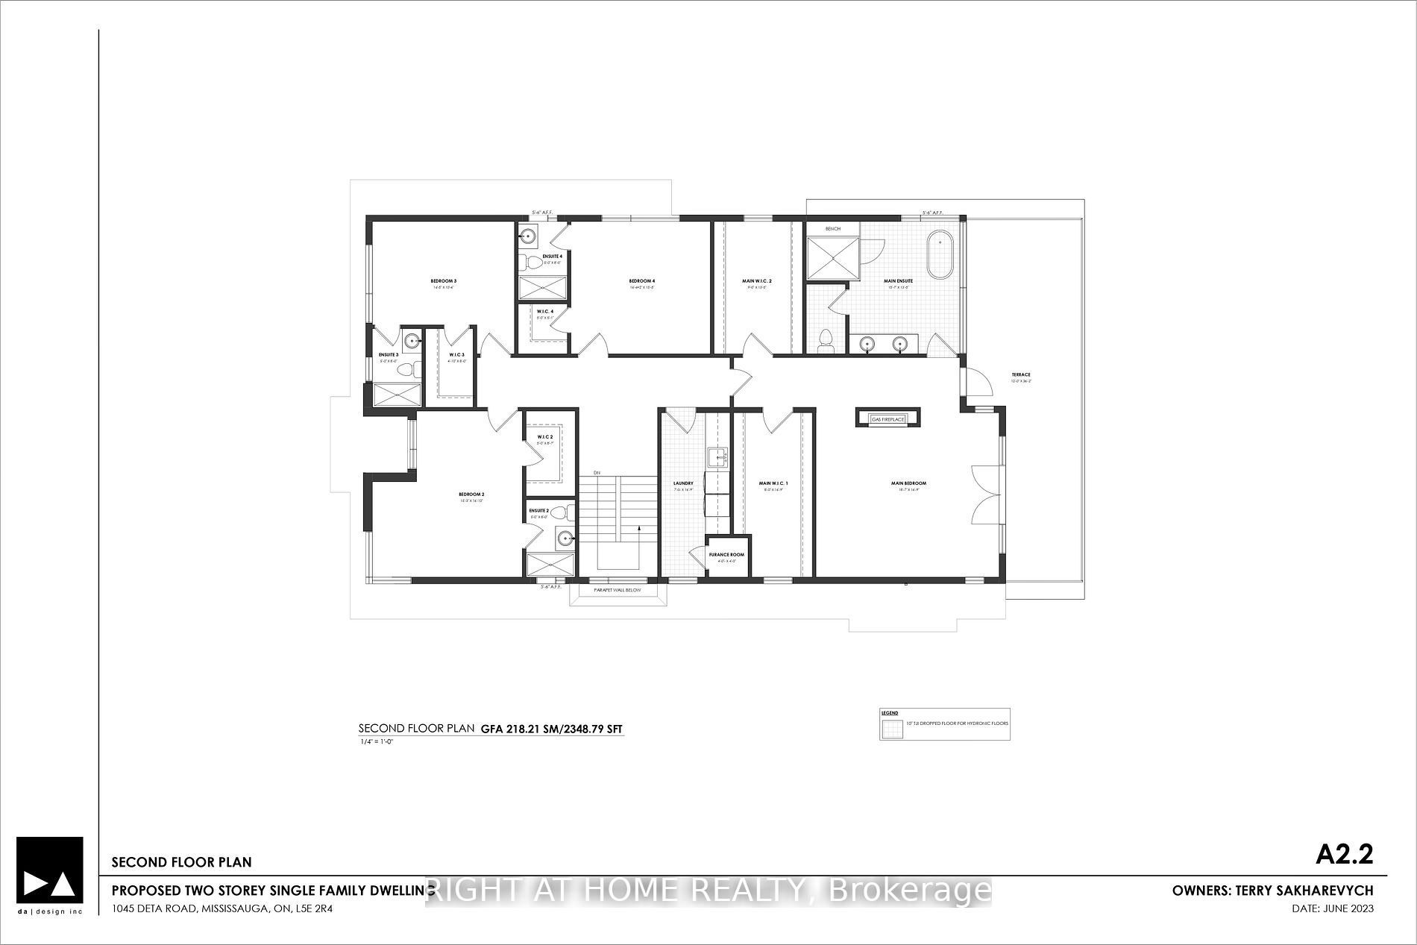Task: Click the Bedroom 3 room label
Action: pos(443,280)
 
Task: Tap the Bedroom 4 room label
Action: pos(641,280)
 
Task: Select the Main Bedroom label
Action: pos(908,483)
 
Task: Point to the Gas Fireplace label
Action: pos(887,419)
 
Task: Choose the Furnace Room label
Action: pos(726,555)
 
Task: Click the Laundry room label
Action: pos(683,483)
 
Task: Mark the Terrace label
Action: pos(1020,374)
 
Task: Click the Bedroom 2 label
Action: pos(471,495)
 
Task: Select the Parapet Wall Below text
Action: pos(617,590)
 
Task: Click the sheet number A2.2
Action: pos(1344,854)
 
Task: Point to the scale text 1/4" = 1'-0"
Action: pos(376,742)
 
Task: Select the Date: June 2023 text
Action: pos(1332,908)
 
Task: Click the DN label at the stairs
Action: pos(597,473)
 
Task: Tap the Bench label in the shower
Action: pos(832,228)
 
